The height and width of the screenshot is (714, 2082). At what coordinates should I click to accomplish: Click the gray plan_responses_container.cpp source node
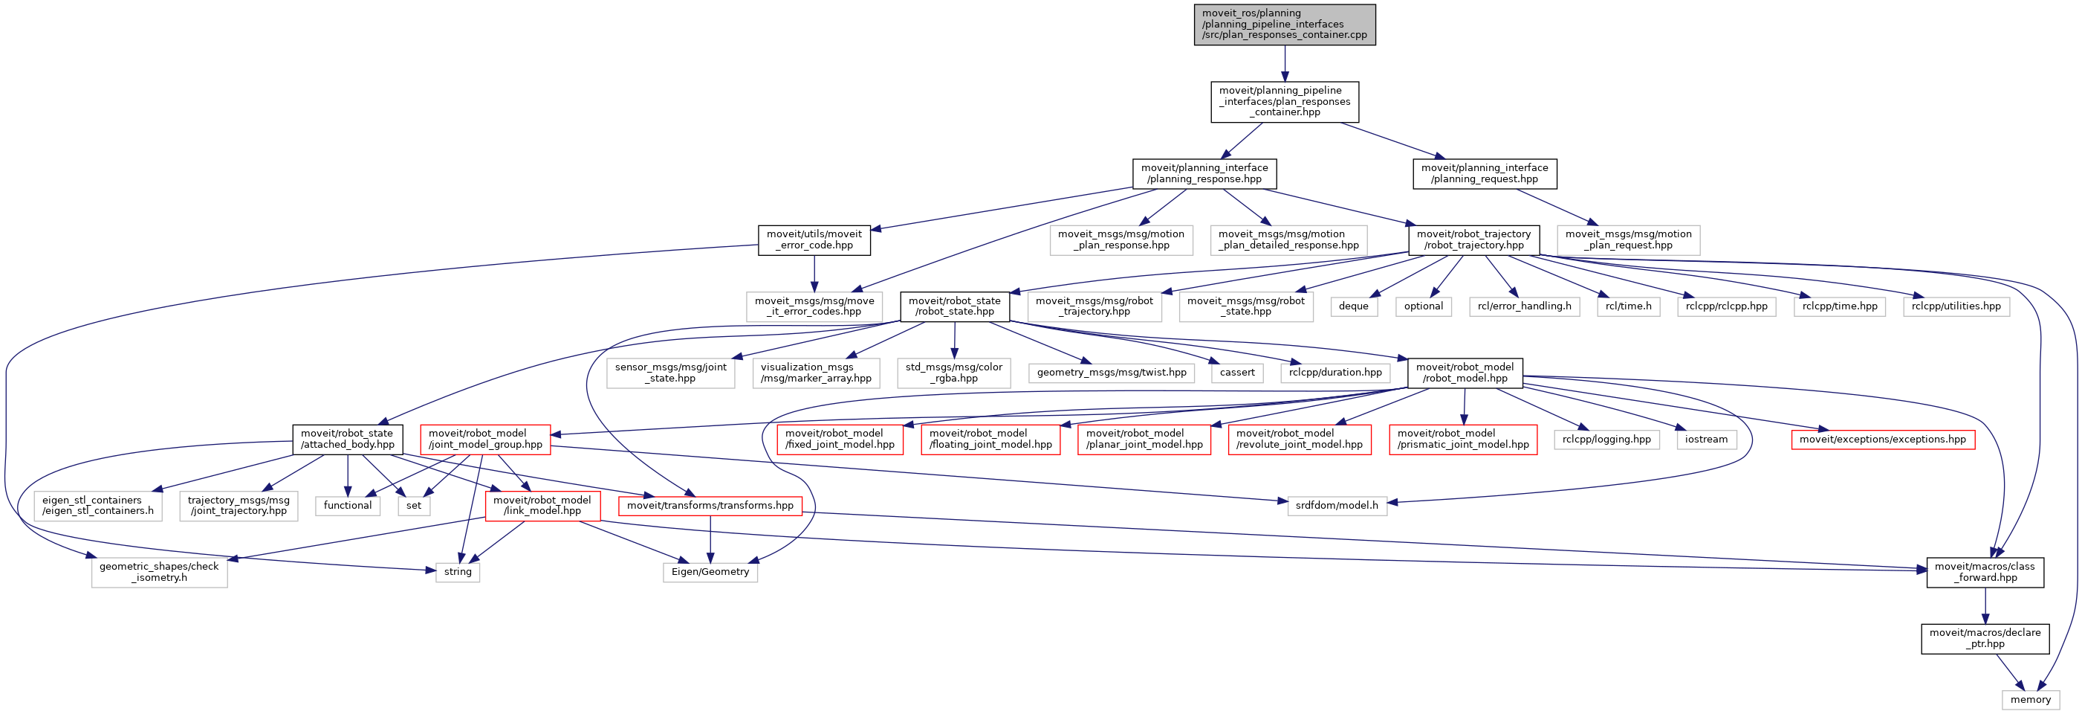click(1284, 25)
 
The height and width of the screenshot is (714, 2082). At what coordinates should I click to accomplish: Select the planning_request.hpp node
click(1484, 174)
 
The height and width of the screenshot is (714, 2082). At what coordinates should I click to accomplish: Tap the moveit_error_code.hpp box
click(814, 240)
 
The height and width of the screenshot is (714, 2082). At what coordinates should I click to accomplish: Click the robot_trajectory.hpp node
click(1473, 240)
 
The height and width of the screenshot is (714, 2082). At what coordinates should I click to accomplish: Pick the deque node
click(1353, 306)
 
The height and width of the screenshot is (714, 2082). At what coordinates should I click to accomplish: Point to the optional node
click(1423, 306)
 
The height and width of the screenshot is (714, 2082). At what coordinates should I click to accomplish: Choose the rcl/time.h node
click(1628, 306)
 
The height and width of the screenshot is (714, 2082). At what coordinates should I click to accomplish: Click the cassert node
click(1236, 373)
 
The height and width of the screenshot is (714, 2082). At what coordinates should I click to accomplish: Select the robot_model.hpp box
click(1465, 373)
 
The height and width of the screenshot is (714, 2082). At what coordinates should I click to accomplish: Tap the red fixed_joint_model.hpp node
click(840, 439)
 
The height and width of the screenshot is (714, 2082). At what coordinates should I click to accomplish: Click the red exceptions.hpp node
click(1882, 440)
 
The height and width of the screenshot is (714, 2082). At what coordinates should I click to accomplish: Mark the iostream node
click(1706, 440)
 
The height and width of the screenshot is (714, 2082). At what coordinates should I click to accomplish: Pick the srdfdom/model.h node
click(1337, 506)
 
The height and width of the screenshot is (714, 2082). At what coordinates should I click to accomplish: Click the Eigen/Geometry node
click(710, 573)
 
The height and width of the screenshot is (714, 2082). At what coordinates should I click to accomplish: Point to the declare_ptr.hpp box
click(1984, 639)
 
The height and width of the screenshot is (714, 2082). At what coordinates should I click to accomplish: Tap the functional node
click(348, 506)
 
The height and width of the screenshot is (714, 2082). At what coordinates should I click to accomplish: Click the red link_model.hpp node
click(542, 506)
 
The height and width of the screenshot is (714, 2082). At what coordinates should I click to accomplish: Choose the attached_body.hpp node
click(348, 439)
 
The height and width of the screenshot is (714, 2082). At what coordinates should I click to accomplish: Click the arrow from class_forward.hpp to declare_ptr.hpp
click(1985, 605)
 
